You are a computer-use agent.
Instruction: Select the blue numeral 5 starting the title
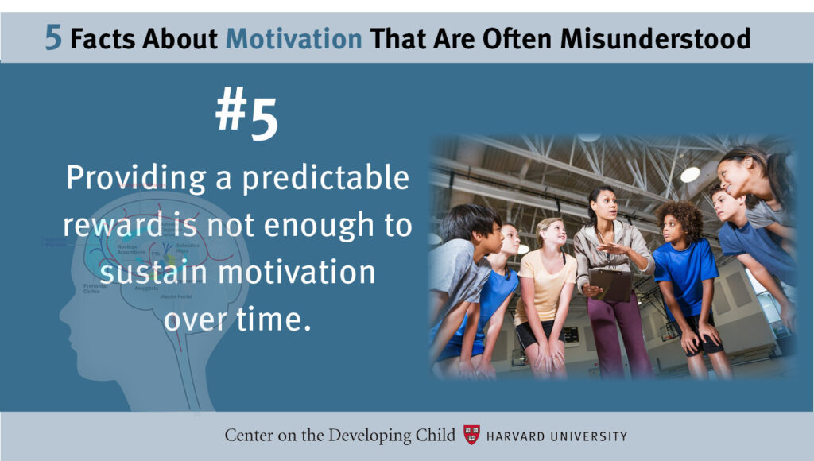(x=53, y=38)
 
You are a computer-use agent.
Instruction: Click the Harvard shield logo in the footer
(x=472, y=435)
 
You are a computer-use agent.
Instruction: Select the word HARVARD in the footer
(x=517, y=436)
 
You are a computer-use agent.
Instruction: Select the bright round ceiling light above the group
(x=689, y=174)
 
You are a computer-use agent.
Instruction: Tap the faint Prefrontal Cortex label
(x=95, y=288)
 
